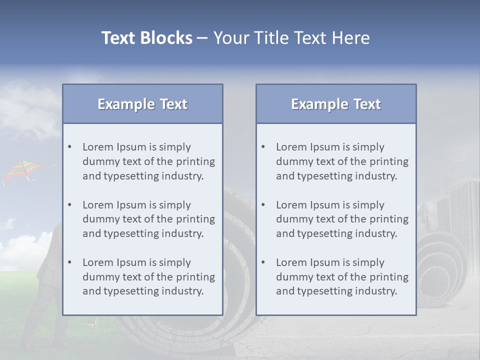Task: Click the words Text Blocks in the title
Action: click(146, 38)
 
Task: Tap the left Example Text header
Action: click(142, 104)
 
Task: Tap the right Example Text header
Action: click(336, 104)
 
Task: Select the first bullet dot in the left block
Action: click(70, 147)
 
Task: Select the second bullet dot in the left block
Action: click(70, 205)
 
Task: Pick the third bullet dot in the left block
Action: click(70, 262)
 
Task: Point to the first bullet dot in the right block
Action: click(263, 147)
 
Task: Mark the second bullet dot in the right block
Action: click(263, 205)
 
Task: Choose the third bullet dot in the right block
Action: click(263, 262)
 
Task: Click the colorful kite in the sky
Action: click(22, 170)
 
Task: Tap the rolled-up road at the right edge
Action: click(440, 265)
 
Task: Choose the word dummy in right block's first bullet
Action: click(292, 161)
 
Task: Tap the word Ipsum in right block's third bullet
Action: click(324, 262)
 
